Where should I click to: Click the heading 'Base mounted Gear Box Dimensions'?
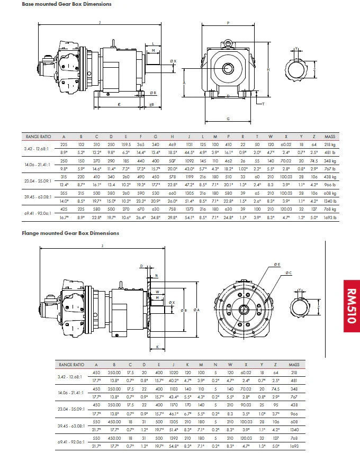[x=67, y=4]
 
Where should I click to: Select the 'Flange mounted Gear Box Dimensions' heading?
[x=70, y=233]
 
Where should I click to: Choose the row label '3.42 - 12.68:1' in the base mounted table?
[x=37, y=148]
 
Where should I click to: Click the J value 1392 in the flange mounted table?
[x=173, y=439]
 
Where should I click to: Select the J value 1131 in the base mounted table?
[x=188, y=144]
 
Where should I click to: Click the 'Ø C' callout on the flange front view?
[x=288, y=273]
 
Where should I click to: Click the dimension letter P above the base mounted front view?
[x=228, y=23]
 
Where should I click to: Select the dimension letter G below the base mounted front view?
[x=228, y=119]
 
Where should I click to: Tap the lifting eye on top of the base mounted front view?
[x=228, y=41]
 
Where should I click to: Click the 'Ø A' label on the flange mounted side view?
[x=196, y=310]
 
